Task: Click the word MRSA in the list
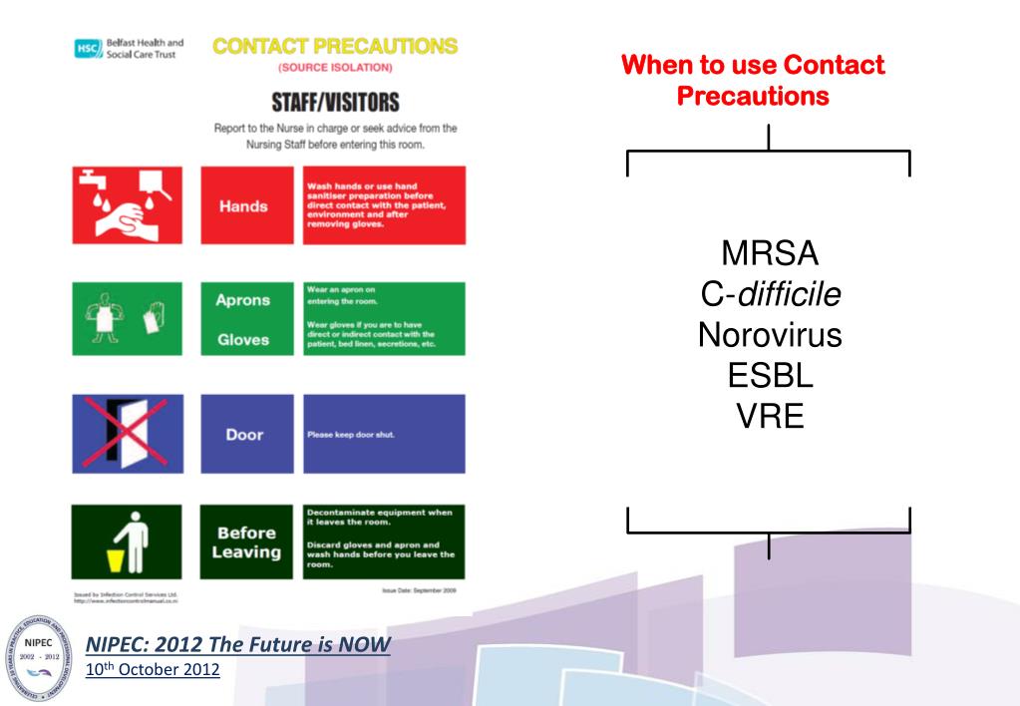[x=769, y=253]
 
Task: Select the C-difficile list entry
[x=769, y=294]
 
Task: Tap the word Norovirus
[x=769, y=335]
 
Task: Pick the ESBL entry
[x=769, y=376]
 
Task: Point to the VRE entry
[x=769, y=416]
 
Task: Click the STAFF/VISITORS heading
[x=335, y=101]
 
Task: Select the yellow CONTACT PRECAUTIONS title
[x=335, y=46]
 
